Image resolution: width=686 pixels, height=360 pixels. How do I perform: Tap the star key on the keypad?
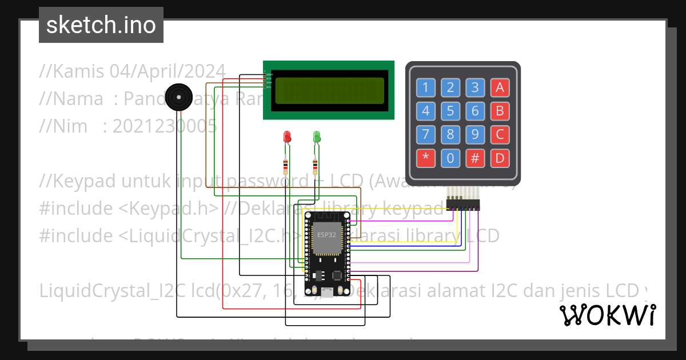(x=425, y=158)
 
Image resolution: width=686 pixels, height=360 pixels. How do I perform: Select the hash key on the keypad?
(x=475, y=158)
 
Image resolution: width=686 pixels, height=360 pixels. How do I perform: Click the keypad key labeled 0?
(x=450, y=158)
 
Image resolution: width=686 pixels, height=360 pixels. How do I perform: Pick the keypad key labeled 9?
(x=475, y=134)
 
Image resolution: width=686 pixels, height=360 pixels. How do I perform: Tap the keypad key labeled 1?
(x=425, y=87)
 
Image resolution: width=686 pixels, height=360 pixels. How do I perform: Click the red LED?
(x=287, y=137)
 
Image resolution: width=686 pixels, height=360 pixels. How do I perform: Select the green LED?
(x=317, y=137)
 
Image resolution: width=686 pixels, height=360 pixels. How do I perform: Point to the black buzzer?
(x=178, y=97)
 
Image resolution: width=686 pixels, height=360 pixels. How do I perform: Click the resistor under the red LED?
(x=286, y=167)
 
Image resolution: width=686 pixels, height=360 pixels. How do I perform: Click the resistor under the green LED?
(x=316, y=167)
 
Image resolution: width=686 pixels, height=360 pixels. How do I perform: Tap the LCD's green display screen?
(x=329, y=91)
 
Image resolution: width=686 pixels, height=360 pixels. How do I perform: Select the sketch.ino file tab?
(x=101, y=25)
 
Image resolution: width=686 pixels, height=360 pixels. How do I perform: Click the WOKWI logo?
(x=607, y=315)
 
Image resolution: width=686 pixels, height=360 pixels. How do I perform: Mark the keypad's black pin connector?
(x=462, y=204)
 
